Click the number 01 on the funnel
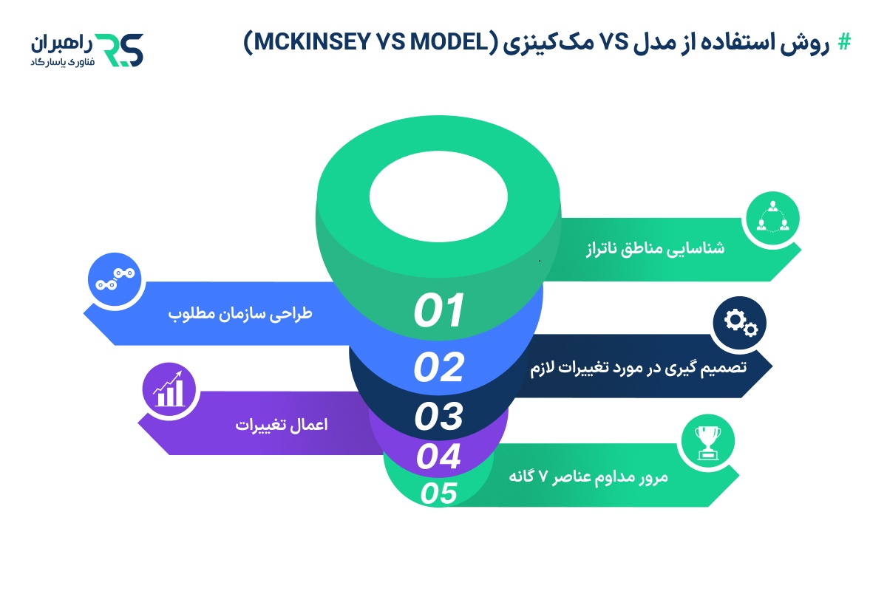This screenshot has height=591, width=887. point(438,310)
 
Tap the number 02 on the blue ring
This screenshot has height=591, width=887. point(438,367)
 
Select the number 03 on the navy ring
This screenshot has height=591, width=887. point(438,417)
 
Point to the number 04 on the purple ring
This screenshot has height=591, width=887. point(438,457)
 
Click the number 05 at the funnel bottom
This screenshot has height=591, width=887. point(438,493)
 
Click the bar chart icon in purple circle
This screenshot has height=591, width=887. point(168,390)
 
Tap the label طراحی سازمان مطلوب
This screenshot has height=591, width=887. point(241,314)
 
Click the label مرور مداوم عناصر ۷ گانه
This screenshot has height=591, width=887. point(588,476)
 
